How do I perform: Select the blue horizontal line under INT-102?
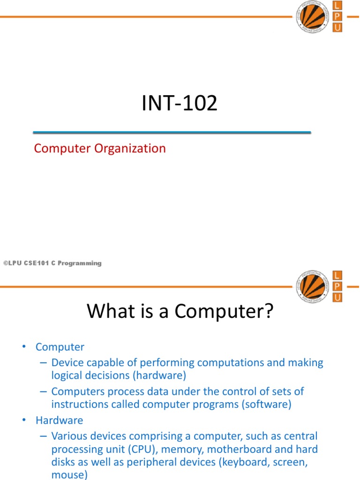(172, 133)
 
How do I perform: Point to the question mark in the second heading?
(268, 311)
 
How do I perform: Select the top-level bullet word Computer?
(60, 347)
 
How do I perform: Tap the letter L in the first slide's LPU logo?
(337, 5)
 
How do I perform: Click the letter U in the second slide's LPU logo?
(337, 298)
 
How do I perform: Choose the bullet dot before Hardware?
(23, 420)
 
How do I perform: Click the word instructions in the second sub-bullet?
(79, 405)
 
